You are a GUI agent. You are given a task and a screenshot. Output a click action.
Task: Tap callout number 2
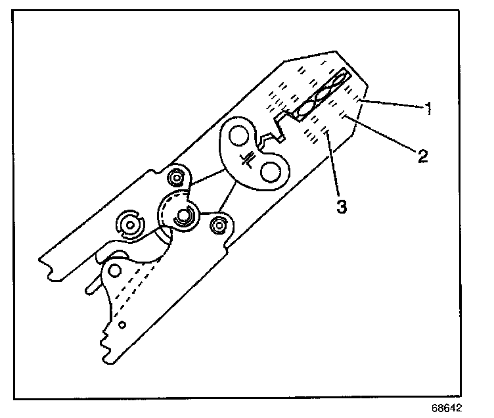pos(422,156)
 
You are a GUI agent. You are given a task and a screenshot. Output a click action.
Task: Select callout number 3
pos(341,205)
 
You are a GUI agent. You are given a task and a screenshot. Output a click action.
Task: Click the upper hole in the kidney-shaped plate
pos(238,137)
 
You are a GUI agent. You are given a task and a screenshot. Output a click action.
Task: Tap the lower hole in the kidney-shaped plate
pos(270,171)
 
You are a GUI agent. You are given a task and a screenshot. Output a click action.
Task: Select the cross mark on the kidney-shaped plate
pos(248,158)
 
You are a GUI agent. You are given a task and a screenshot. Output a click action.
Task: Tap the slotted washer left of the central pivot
pos(130,225)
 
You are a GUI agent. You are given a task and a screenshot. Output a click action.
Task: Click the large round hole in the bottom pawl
pos(117,271)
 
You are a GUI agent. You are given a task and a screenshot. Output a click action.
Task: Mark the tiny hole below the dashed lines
pos(122,323)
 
